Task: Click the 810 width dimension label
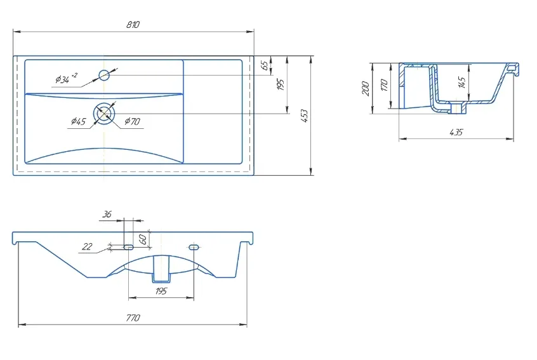coord(133,25)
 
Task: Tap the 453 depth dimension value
coord(304,116)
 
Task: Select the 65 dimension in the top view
coord(265,65)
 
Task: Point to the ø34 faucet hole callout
coord(67,79)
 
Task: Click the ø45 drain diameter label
coord(79,121)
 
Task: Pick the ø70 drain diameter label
coord(132,121)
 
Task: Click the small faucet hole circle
coord(104,75)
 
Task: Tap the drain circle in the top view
coord(104,113)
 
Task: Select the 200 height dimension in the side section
coord(366,88)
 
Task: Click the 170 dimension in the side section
coord(384,85)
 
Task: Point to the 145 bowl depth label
coord(461,83)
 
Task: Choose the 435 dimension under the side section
coord(456,132)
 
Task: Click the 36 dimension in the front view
coord(107,214)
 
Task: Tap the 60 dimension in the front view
coord(144,239)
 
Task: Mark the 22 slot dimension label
coord(88,246)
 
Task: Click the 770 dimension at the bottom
coord(133,318)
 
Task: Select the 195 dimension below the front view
coord(161,291)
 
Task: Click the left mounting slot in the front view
coord(128,246)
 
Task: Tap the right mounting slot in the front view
coord(194,246)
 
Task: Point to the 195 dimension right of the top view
coord(281,84)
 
